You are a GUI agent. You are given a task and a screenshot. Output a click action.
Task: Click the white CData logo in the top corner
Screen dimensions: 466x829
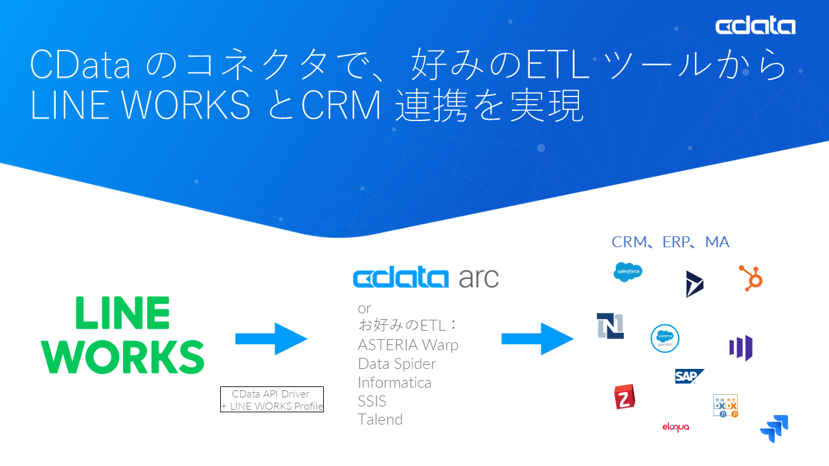tap(755, 26)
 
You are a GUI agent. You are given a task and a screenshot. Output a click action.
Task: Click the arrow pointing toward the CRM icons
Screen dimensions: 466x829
tap(537, 338)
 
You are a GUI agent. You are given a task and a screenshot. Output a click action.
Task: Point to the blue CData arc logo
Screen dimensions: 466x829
tap(426, 278)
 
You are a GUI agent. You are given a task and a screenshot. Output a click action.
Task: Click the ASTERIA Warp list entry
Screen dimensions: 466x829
tap(408, 345)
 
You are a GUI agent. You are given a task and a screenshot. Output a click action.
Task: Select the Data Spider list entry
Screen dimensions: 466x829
tap(396, 364)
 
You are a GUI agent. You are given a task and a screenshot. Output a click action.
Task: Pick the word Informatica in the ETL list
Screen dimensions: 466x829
tap(394, 383)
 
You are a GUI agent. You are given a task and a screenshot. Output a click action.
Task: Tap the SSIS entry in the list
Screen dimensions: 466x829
tap(372, 401)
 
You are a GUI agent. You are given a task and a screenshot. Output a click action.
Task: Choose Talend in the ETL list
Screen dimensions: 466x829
tap(380, 419)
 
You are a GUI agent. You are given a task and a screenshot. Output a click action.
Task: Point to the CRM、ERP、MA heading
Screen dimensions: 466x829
tap(670, 242)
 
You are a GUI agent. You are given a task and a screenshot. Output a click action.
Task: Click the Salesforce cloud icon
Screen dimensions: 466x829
tap(628, 272)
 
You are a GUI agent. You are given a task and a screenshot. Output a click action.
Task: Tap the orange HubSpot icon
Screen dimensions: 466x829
tap(751, 278)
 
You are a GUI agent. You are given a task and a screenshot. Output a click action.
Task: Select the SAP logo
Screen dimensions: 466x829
tap(688, 376)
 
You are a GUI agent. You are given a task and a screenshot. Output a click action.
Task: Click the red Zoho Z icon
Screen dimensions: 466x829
tap(624, 397)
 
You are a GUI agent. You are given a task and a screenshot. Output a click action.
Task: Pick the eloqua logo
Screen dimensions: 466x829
tap(676, 427)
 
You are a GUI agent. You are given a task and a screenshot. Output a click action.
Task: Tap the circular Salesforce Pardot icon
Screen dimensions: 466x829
tap(664, 338)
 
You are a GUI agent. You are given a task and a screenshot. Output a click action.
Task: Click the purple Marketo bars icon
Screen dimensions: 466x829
tap(741, 348)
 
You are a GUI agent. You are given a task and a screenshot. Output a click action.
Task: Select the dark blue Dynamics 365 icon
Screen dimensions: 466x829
tap(694, 284)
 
